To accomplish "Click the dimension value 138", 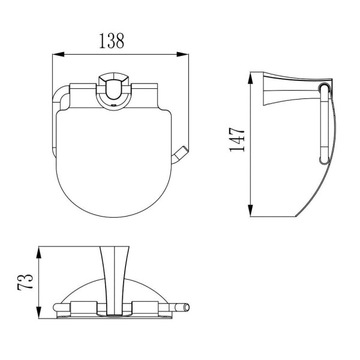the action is point(112,41).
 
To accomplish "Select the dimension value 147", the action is point(237,140).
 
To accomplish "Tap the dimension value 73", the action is point(25,282).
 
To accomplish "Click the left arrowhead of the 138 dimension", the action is point(58,55).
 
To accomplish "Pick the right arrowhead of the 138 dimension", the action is point(182,55).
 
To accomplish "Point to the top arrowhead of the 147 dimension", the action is point(250,78).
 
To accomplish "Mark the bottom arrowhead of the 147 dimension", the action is point(250,211).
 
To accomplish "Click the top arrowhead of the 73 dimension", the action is point(39,253).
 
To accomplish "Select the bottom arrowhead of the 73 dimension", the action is point(39,312).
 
